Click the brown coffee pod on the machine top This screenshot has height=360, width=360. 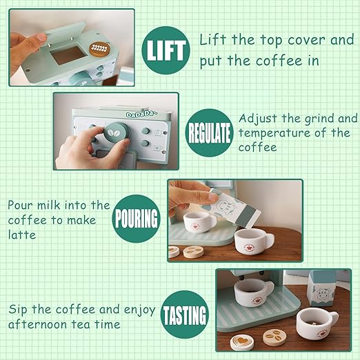click(99, 48)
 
